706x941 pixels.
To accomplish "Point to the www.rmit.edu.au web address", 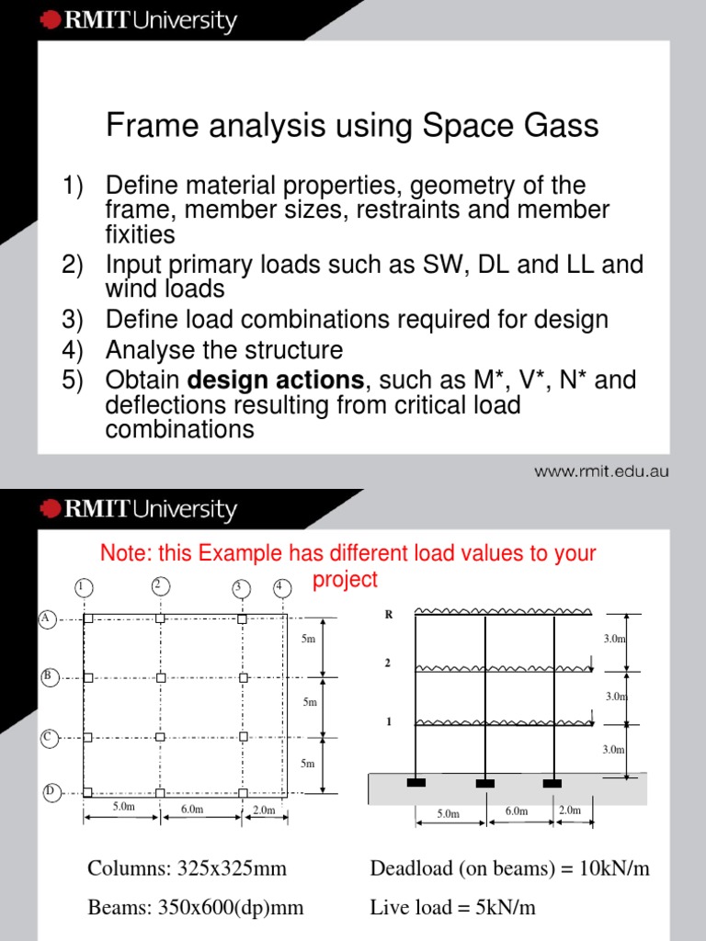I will pyautogui.click(x=601, y=472).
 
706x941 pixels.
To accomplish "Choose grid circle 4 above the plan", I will pyautogui.click(x=279, y=587).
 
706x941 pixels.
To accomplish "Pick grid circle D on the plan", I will pyautogui.click(x=51, y=791).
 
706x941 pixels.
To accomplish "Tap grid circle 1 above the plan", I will pyautogui.click(x=82, y=587).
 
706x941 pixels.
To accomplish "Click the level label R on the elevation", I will pyautogui.click(x=389, y=616).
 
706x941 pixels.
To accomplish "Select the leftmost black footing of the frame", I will pyautogui.click(x=416, y=783).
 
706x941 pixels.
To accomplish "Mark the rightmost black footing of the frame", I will pyautogui.click(x=552, y=783).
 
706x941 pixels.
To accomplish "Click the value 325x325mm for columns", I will pyautogui.click(x=238, y=869).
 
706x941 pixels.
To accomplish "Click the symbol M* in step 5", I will pyautogui.click(x=495, y=380).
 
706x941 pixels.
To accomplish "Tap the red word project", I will pyautogui.click(x=345, y=579).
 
